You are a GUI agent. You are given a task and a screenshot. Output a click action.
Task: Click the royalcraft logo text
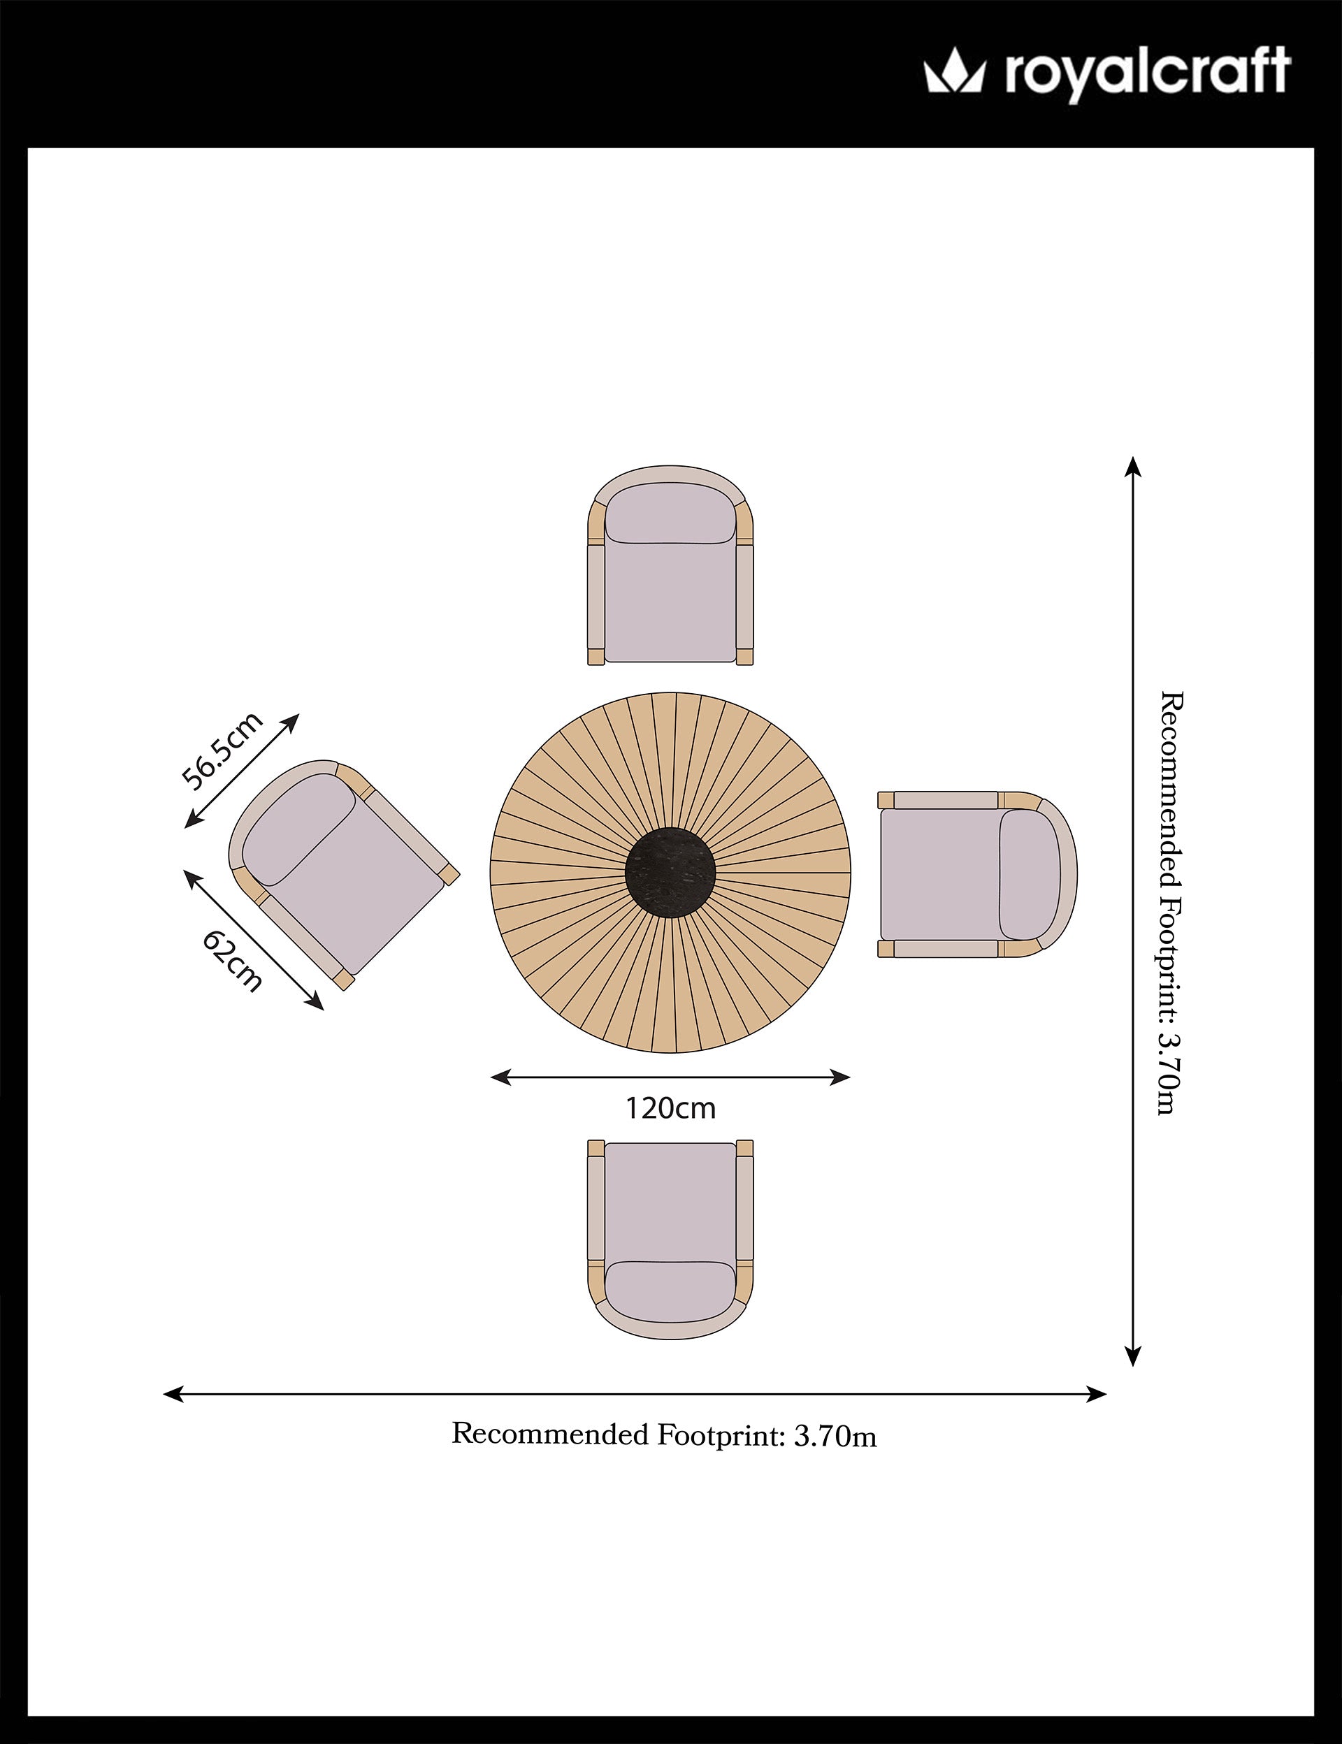tap(1147, 74)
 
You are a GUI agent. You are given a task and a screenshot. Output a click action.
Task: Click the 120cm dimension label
tap(670, 1108)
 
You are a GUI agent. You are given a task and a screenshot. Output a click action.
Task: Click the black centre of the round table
tap(671, 872)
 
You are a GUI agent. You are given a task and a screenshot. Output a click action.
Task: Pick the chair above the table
tap(671, 565)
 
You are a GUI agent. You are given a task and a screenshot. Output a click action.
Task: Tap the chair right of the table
tap(978, 874)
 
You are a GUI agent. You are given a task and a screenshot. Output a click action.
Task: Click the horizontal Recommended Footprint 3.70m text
tap(665, 1435)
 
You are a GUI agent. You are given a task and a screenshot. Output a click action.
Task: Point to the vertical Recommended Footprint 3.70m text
tap(1170, 903)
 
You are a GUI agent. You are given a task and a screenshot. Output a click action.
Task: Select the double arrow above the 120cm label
tap(670, 1077)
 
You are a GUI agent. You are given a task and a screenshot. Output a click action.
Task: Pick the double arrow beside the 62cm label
tap(254, 940)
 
